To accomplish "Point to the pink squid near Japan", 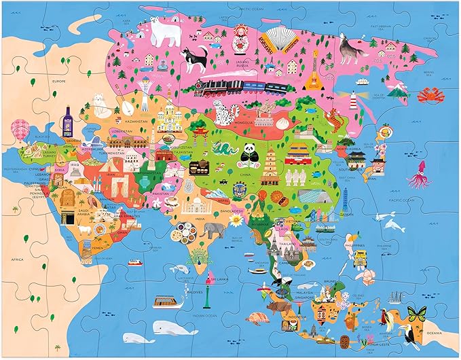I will click(416, 176).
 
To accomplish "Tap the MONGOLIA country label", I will click(245, 123).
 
